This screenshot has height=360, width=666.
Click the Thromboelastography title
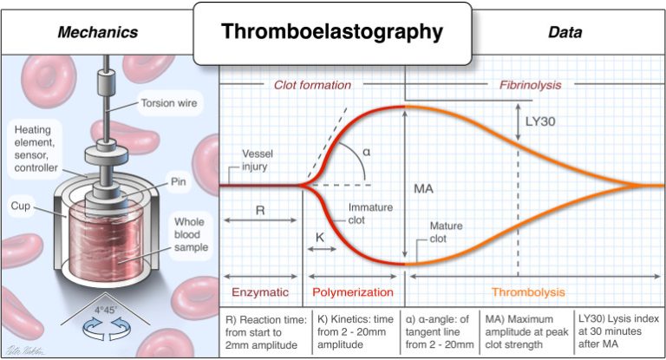tap(332, 33)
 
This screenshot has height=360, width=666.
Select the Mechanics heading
tap(97, 33)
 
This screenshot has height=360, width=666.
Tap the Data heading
tap(565, 33)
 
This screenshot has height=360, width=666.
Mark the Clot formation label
tap(312, 85)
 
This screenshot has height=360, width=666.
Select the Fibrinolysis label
tap(530, 85)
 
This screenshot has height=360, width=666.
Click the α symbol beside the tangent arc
tap(366, 151)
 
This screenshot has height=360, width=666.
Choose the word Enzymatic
tap(258, 291)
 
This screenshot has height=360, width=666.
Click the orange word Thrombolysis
tap(527, 291)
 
